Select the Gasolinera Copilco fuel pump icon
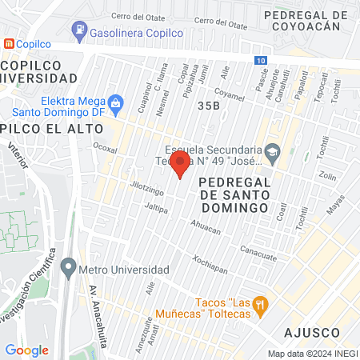pyautogui.click(x=79, y=31)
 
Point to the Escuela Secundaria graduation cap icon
pyautogui.click(x=272, y=150)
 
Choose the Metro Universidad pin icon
pyautogui.click(x=70, y=267)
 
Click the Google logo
pyautogui.click(x=26, y=350)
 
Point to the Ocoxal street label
pyautogui.click(x=105, y=148)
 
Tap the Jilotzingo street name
pyautogui.click(x=146, y=189)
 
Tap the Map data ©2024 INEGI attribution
pyautogui.click(x=312, y=353)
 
